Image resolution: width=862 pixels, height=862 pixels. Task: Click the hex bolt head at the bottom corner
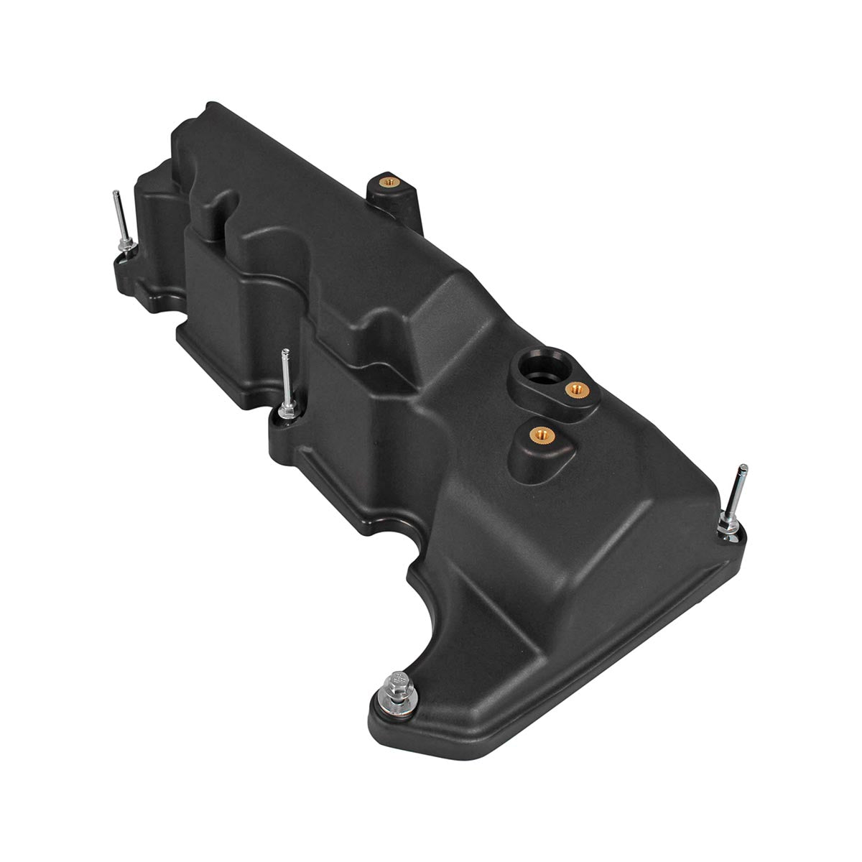coord(396,680)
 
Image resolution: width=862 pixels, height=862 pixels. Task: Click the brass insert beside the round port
coord(573,389)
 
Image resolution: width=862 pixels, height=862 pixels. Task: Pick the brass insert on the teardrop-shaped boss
coord(537,435)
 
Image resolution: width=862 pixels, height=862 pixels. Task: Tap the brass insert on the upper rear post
coord(389,182)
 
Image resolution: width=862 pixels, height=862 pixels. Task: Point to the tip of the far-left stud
coord(116,193)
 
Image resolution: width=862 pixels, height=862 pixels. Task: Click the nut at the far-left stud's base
coord(126,248)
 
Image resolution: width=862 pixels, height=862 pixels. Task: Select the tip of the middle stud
coord(285,352)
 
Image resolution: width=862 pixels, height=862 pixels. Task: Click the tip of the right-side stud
coord(744,468)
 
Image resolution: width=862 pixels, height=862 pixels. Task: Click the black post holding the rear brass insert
coord(394,198)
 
